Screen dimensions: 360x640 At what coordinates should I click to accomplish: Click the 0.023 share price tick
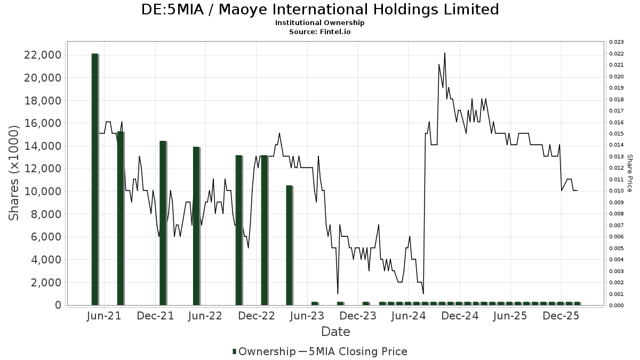pos(617,42)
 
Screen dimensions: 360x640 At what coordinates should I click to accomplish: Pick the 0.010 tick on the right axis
pos(617,191)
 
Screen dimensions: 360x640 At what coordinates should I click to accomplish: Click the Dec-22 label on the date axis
pos(257,316)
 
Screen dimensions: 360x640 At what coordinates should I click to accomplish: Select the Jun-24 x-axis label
pos(409,316)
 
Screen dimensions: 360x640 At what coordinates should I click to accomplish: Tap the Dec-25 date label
pos(561,316)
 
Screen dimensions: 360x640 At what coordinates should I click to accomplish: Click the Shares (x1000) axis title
pos(14,172)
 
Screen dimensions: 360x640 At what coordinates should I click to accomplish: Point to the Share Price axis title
pos(629,173)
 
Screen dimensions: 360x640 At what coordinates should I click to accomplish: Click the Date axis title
pos(335,332)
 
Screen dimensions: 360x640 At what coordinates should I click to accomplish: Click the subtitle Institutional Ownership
pos(319,23)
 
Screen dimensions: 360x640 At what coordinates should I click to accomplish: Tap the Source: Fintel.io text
pos(319,32)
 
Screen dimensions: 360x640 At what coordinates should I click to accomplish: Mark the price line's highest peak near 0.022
pos(444,53)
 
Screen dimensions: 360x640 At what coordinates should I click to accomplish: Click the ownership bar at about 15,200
pos(120,218)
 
